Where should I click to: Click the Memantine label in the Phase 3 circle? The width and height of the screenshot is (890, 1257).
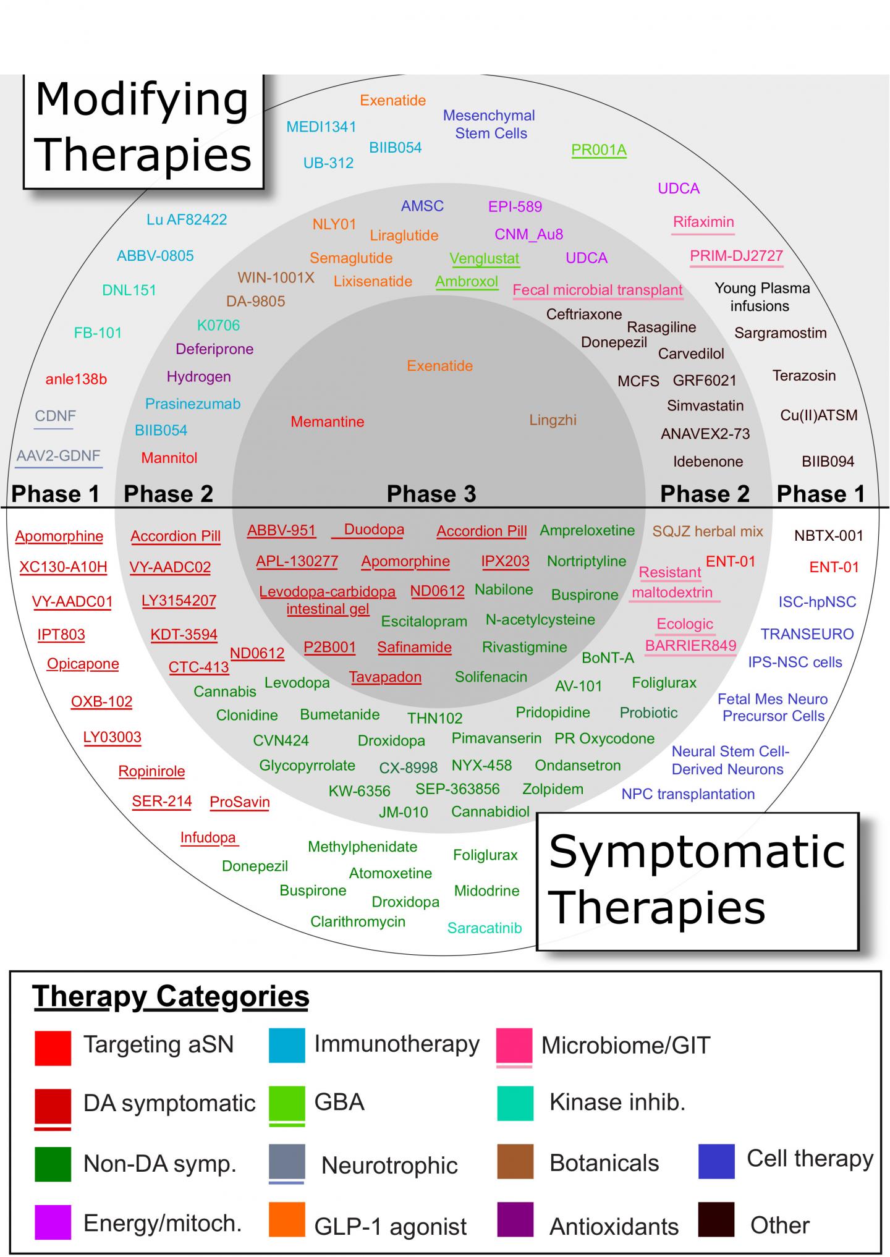pyautogui.click(x=328, y=422)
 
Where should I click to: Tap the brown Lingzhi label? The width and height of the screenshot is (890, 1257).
pyautogui.click(x=553, y=420)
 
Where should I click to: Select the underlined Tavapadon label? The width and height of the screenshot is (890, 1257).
pyautogui.click(x=385, y=677)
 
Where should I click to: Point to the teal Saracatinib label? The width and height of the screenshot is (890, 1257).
pyautogui.click(x=485, y=928)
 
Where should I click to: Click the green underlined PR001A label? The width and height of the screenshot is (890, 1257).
pyautogui.click(x=598, y=150)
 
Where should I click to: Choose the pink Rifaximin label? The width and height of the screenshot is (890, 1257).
pyautogui.click(x=703, y=222)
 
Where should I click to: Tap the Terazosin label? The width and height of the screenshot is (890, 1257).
pyautogui.click(x=803, y=376)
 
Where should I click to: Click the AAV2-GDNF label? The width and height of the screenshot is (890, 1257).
pyautogui.click(x=58, y=456)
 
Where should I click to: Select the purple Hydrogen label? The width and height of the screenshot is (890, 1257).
pyautogui.click(x=198, y=376)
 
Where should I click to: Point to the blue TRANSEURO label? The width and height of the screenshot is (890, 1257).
pyautogui.click(x=807, y=634)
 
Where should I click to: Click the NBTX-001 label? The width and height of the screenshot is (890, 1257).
pyautogui.click(x=828, y=536)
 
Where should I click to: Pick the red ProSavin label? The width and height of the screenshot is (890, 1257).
pyautogui.click(x=240, y=802)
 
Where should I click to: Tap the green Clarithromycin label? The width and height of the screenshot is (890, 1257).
pyautogui.click(x=358, y=922)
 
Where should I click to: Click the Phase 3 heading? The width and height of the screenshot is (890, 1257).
pyautogui.click(x=431, y=494)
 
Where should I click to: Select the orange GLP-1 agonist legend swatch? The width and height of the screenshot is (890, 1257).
pyautogui.click(x=287, y=1220)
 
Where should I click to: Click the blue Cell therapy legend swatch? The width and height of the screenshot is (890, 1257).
pyautogui.click(x=716, y=1161)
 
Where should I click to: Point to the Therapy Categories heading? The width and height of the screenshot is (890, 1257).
pyautogui.click(x=171, y=997)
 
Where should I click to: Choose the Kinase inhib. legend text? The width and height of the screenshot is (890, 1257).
pyautogui.click(x=617, y=1103)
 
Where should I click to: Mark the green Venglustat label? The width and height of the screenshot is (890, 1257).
pyautogui.click(x=484, y=258)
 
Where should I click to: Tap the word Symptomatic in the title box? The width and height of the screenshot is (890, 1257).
pyautogui.click(x=697, y=852)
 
